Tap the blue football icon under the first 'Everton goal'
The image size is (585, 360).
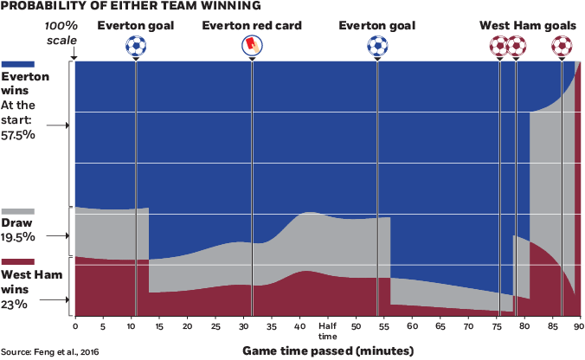pos(135,45)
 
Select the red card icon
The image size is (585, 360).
pos(251,44)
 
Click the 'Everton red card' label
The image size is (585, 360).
pos(252,25)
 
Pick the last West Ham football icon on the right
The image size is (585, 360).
pos(561,45)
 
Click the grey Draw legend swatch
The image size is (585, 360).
pos(18,211)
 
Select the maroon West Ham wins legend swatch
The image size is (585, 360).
pos(18,261)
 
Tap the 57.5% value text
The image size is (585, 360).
pos(18,136)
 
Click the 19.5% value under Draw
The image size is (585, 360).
pos(18,236)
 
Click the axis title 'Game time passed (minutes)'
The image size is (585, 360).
pos(326,350)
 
